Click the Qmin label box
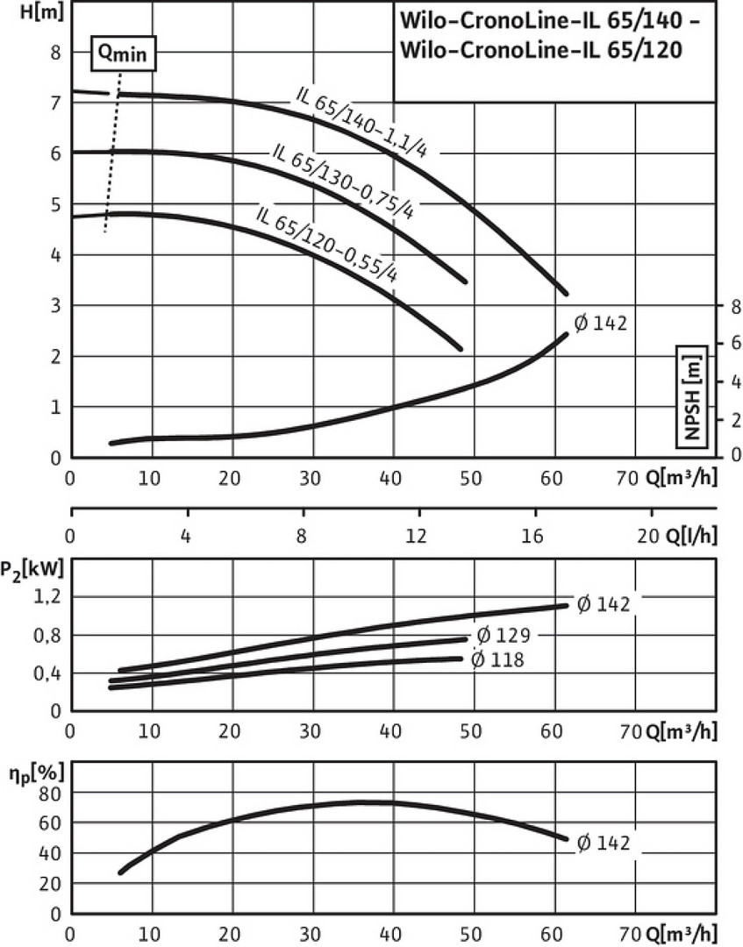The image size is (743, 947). [x=124, y=53]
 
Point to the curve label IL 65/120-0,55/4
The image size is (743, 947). [x=327, y=243]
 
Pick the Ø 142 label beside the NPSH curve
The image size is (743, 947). [x=600, y=324]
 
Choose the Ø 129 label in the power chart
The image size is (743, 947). [x=504, y=635]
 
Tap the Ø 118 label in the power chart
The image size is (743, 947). [x=497, y=659]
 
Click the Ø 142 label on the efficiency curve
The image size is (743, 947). [x=604, y=844]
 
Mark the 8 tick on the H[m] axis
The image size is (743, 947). [x=54, y=52]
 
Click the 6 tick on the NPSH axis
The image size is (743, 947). [x=735, y=345]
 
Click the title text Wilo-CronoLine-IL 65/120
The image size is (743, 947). [x=540, y=50]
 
